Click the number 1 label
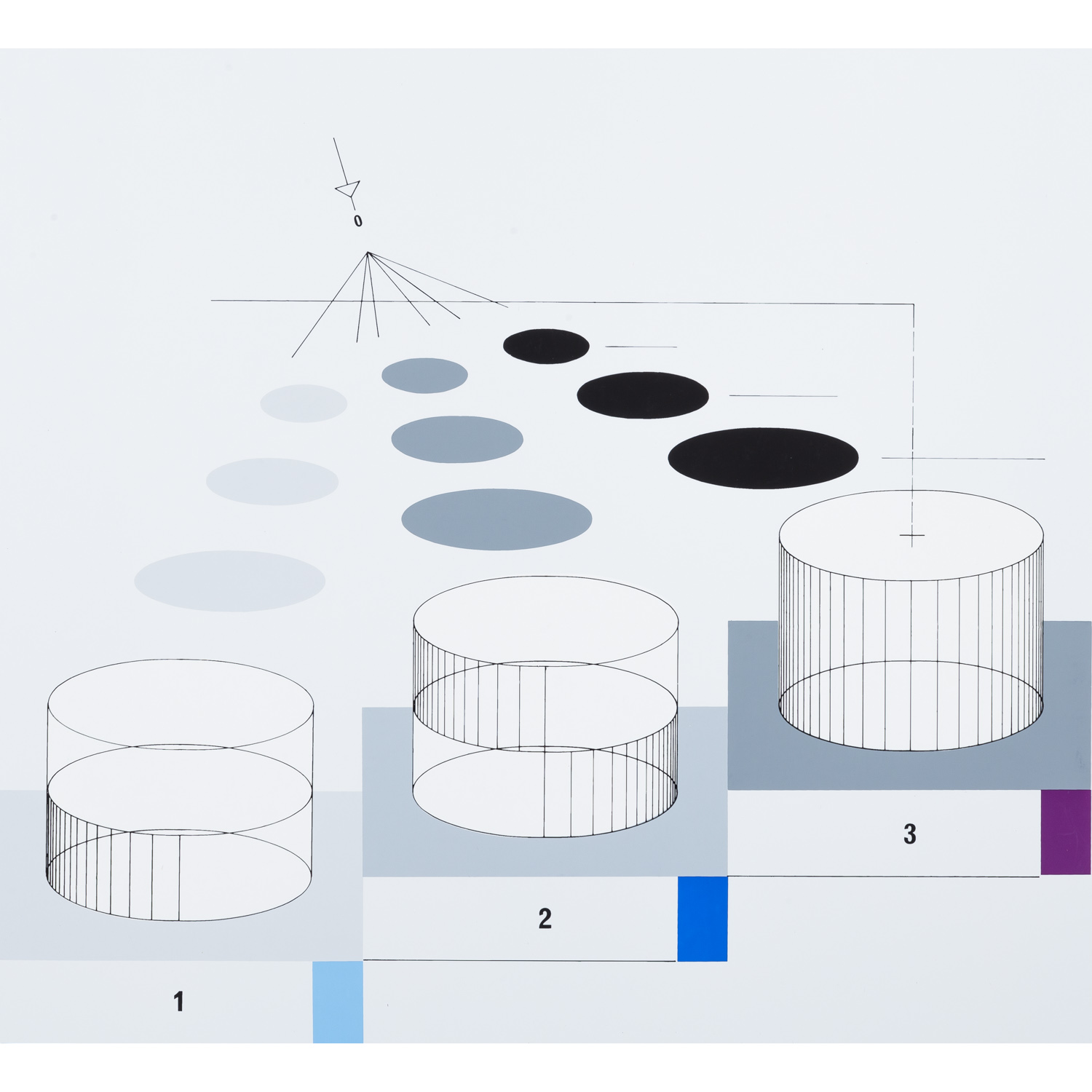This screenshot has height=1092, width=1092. click(x=178, y=1002)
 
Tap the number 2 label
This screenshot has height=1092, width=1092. click(x=545, y=919)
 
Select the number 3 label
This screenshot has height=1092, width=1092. click(x=909, y=834)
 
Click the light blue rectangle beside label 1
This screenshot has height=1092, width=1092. click(x=338, y=1002)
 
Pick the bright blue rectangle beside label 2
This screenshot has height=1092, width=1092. click(x=703, y=919)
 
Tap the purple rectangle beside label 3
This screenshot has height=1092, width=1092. click(x=1065, y=832)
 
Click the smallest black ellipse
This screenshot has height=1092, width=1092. click(x=546, y=346)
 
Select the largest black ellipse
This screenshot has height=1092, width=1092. click(x=763, y=458)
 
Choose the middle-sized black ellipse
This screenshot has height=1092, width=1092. click(x=643, y=395)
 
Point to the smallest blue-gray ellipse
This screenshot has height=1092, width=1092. click(x=424, y=376)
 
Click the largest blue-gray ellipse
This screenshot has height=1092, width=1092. click(x=496, y=519)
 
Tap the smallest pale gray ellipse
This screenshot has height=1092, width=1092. click(x=304, y=403)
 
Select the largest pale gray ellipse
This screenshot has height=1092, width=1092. click(x=229, y=581)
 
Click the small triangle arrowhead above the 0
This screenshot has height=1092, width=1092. click(x=349, y=189)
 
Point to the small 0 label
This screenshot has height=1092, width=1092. click(x=357, y=221)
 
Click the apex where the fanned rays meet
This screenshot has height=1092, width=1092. click(x=368, y=253)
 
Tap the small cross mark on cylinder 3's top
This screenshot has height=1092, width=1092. click(x=912, y=536)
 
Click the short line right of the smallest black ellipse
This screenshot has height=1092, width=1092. click(x=641, y=347)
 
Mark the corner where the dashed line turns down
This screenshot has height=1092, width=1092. click(x=914, y=304)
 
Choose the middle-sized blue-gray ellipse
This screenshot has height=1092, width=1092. click(x=457, y=439)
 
